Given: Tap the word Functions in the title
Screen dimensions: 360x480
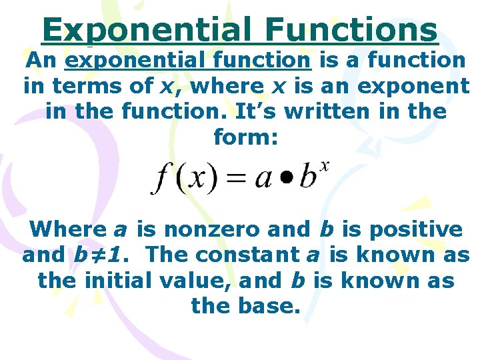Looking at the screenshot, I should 351,30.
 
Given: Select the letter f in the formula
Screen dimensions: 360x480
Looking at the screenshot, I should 161,178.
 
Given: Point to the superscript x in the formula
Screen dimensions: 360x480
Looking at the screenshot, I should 324,166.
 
